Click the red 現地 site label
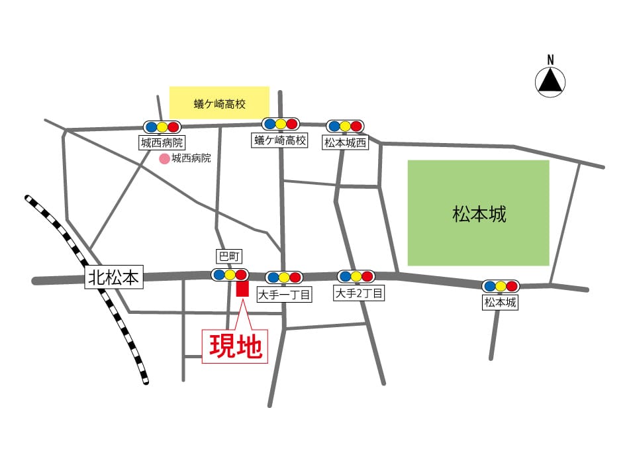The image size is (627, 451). click(235, 346)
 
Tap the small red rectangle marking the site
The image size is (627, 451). click(242, 289)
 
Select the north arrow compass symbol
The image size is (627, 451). click(550, 81)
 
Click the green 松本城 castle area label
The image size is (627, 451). click(478, 214)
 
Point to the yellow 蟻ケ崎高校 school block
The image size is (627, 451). click(219, 103)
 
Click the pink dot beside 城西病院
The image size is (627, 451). click(163, 159)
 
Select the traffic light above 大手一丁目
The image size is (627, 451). click(284, 277)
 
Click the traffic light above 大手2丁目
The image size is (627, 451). click(356, 276)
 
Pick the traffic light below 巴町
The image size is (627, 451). click(230, 274)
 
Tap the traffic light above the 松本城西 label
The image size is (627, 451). click(345, 126)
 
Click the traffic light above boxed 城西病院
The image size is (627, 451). click(162, 126)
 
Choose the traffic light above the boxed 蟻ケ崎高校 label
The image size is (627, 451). click(280, 124)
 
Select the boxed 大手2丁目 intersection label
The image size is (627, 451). click(359, 293)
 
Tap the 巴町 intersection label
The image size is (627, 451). click(227, 255)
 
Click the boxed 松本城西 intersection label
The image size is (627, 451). click(345, 142)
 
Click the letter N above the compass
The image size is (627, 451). click(550, 60)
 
